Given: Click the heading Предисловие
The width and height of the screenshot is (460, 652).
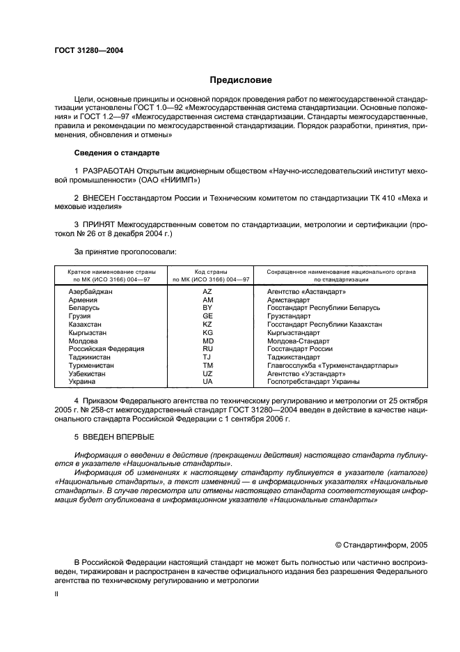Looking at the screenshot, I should (x=241, y=80).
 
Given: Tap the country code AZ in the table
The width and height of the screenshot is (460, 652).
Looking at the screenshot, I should (x=207, y=291).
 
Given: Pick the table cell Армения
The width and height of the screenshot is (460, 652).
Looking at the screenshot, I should (x=84, y=300).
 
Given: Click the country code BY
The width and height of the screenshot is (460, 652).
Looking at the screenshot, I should (x=207, y=308).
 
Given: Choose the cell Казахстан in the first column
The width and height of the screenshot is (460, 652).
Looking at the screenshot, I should (x=86, y=325).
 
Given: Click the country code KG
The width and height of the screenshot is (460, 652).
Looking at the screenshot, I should (x=207, y=333).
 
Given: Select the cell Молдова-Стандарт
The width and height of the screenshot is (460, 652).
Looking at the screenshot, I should (x=299, y=341).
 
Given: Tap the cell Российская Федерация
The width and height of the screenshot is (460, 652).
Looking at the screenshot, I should (x=106, y=349).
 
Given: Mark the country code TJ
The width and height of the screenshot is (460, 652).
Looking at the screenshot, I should (x=207, y=357).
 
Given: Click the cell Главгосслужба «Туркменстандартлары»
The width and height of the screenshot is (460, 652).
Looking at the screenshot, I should (x=333, y=366).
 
